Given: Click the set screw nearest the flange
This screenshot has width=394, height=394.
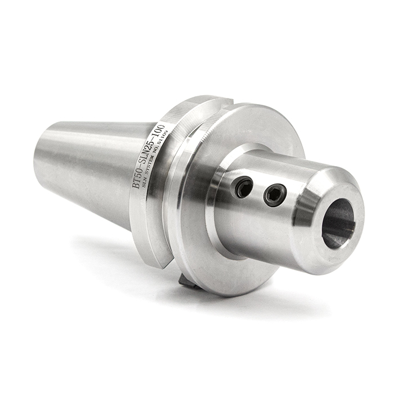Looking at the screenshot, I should (244, 187).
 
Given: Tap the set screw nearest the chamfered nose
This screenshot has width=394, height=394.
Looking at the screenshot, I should (275, 195).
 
